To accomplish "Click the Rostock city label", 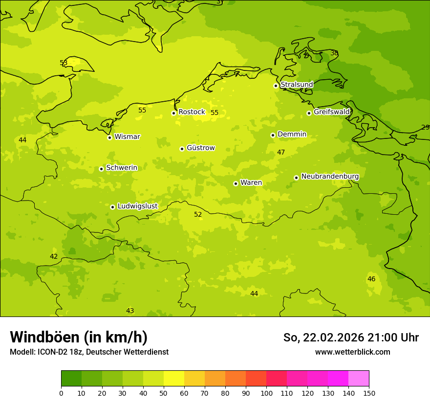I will pos(192,112).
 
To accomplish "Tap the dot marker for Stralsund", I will pos(276,86).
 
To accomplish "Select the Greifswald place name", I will pos(331,112).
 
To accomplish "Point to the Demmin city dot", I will pos(273,135).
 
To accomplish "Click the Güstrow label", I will pos(200,148).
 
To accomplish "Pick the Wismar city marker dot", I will pos(109,137).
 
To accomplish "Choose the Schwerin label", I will pos(122,168).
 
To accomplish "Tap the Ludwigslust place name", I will pos(137,206).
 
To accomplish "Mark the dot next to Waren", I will pos(236,183).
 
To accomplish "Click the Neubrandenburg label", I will pos(330,177).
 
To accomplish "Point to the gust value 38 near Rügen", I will pos(334,53).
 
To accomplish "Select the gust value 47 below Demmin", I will pos(281,152).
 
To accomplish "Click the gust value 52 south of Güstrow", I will pos(198,214).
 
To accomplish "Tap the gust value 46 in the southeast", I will pos(371,279).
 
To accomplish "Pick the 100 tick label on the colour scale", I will pos(266,393).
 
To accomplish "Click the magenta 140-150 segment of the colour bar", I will pos(359,379).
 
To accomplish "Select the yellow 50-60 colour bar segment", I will pos(174,379).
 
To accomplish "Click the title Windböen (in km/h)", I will pos(79,337).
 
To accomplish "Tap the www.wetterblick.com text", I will pos(352,352).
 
